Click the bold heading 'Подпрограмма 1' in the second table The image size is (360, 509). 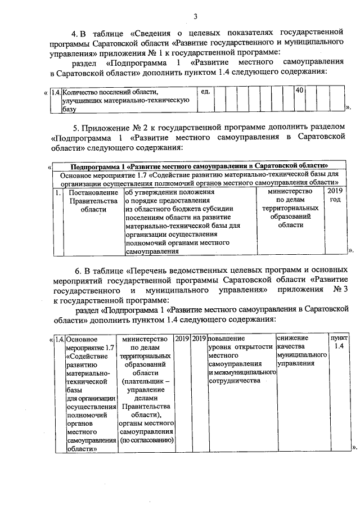(x=200, y=166)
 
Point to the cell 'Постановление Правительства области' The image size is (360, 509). (x=93, y=201)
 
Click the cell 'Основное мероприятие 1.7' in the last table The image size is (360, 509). (x=91, y=394)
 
